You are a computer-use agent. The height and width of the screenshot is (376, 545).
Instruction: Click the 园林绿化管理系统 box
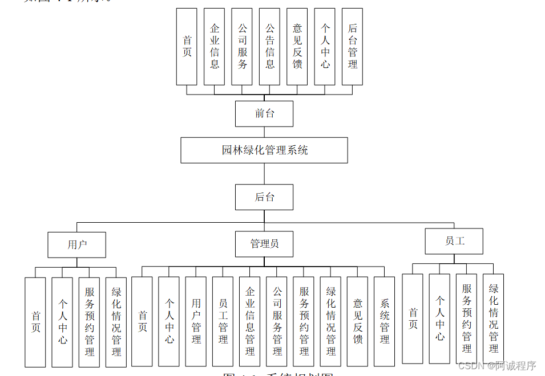tap(264, 150)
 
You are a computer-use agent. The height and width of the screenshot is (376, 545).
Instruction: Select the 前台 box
tap(264, 113)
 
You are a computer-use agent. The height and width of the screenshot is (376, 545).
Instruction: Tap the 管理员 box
tap(264, 244)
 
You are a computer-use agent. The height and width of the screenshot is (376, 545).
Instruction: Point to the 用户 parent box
tap(77, 245)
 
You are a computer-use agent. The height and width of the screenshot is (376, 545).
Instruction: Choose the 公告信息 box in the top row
tap(269, 47)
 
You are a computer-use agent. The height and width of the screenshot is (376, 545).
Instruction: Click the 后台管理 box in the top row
tap(352, 47)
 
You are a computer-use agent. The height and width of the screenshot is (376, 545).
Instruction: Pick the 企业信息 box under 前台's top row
tap(215, 47)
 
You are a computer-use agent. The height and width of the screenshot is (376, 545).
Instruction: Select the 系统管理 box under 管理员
tap(384, 321)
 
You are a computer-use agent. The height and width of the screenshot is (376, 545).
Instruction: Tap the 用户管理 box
tap(196, 321)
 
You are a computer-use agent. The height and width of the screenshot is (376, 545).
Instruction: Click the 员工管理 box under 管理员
tap(223, 321)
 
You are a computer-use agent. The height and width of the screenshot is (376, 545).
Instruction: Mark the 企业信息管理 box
tap(249, 321)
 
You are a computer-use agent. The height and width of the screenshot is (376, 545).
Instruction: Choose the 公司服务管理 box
tap(276, 321)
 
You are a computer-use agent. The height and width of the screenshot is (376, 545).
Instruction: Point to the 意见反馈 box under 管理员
tap(357, 321)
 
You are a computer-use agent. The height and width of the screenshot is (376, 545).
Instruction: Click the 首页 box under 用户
tap(35, 322)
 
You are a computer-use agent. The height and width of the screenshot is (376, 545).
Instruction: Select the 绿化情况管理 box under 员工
tap(493, 318)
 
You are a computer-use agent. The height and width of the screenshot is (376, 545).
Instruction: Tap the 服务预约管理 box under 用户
tap(89, 322)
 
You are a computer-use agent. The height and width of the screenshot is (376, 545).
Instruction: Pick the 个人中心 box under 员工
tap(439, 318)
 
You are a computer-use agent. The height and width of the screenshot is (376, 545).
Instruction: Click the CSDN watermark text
tap(497, 366)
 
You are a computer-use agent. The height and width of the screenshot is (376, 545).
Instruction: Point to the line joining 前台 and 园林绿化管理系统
tap(264, 132)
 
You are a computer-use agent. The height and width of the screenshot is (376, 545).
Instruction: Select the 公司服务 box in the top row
tap(242, 47)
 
